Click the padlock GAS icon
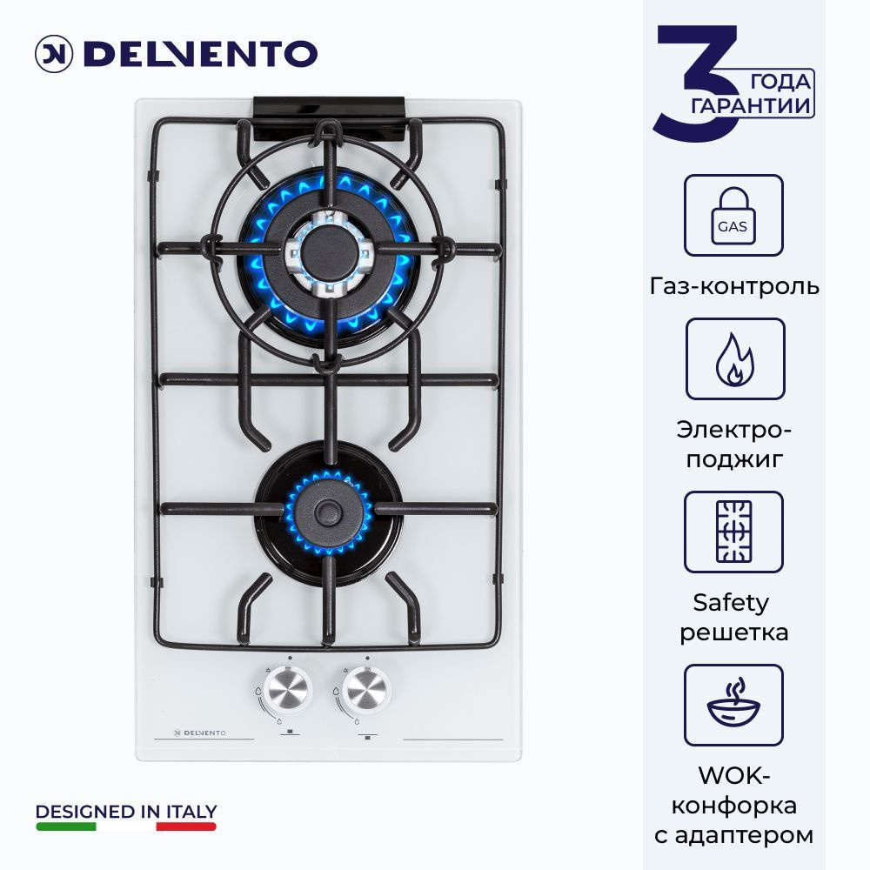pyautogui.click(x=733, y=215)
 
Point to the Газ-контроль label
pyautogui.click(x=734, y=285)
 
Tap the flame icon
pyautogui.click(x=734, y=358)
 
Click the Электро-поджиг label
pyautogui.click(x=734, y=444)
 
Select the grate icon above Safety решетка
pyautogui.click(x=733, y=532)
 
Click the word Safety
pyautogui.click(x=731, y=602)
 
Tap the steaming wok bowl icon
pyautogui.click(x=733, y=705)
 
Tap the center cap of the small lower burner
pyautogui.click(x=328, y=511)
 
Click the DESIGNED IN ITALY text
pyautogui.click(x=126, y=812)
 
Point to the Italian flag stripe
pyautogui.click(x=126, y=826)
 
